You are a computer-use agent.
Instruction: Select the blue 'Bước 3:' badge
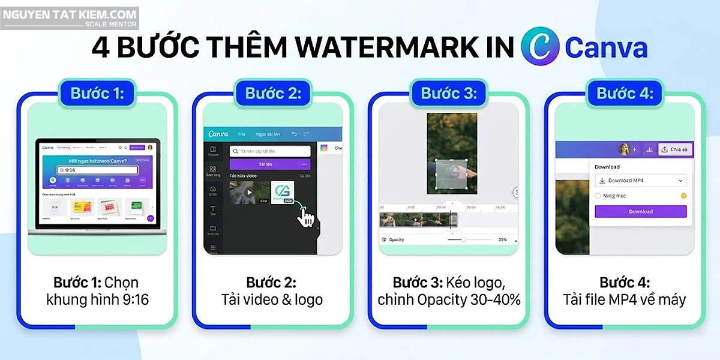449,94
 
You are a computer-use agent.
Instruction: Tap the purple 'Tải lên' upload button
269,164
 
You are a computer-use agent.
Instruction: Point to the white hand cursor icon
306,217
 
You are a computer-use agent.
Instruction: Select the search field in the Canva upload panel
270,151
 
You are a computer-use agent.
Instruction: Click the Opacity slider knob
463,239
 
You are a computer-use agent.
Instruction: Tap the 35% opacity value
503,239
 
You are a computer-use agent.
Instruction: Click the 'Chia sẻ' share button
674,149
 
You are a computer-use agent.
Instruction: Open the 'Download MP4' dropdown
640,181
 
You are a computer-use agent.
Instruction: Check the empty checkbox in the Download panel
598,196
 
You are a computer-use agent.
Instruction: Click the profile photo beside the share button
624,149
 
